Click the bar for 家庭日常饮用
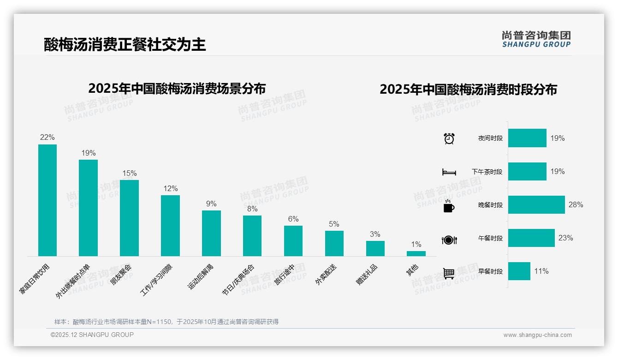click(48, 200)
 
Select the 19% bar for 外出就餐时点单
click(88, 208)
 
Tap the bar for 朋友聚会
click(129, 218)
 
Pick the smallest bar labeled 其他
click(416, 253)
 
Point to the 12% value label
click(170, 188)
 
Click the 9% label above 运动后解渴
click(211, 204)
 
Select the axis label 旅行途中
click(286, 275)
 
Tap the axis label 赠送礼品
click(367, 274)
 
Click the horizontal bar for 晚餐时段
click(536, 204)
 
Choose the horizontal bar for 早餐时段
click(519, 271)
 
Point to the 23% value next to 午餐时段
click(565, 238)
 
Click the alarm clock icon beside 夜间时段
click(449, 138)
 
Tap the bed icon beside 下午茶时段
click(449, 172)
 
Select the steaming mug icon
click(449, 206)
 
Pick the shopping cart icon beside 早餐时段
click(449, 273)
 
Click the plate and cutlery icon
click(449, 240)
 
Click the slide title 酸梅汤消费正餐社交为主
click(125, 44)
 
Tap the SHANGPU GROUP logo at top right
click(536, 39)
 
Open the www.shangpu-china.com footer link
click(537, 335)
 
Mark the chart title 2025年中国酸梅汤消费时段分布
click(468, 89)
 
